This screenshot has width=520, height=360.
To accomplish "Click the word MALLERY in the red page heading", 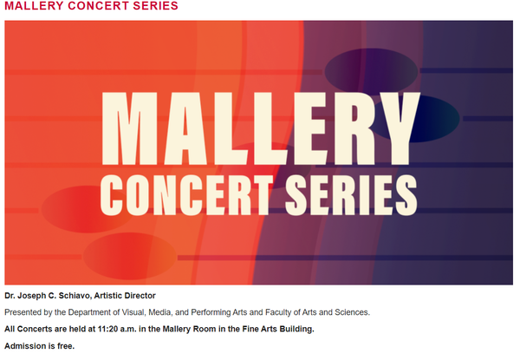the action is (x=34, y=6).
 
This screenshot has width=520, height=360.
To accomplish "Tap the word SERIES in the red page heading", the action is (x=155, y=6).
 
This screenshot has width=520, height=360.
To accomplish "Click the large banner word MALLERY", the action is (x=261, y=128).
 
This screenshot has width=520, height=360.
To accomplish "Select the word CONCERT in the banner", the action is (x=186, y=195).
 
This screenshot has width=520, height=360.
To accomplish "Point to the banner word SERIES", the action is (x=351, y=195).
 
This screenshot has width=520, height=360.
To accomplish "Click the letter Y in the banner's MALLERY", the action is (x=400, y=128).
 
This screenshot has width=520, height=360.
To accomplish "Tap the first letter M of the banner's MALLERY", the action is (x=129, y=128).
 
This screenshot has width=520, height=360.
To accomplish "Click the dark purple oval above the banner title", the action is (x=371, y=72).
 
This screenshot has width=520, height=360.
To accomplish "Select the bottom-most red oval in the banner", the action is (x=129, y=256).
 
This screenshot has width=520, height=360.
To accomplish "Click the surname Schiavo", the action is (x=79, y=296).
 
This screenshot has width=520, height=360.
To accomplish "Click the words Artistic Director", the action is (x=125, y=296).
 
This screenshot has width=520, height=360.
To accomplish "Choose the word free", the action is (x=66, y=346).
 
